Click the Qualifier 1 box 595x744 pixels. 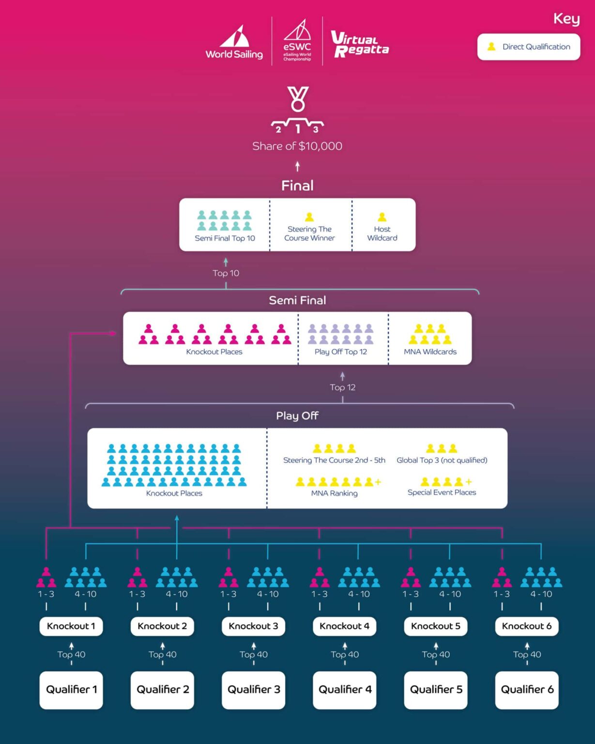(x=71, y=689)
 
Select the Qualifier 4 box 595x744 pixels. (x=345, y=689)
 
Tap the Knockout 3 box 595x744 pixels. (x=253, y=626)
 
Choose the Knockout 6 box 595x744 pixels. (x=527, y=626)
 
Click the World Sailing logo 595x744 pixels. (x=234, y=44)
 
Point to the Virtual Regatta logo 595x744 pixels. (x=359, y=44)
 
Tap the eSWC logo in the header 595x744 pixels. (x=297, y=41)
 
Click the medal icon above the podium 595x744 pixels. (x=297, y=98)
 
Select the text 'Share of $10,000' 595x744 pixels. (x=297, y=146)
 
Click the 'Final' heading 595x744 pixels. (x=297, y=186)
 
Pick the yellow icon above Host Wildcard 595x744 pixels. (x=382, y=217)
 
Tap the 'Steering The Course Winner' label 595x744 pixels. (x=309, y=233)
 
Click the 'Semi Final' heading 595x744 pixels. (x=297, y=300)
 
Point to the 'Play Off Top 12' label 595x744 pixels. (x=341, y=352)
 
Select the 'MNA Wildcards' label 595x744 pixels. (x=430, y=352)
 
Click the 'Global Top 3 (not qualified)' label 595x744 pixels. (x=442, y=460)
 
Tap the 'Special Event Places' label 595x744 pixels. (x=442, y=492)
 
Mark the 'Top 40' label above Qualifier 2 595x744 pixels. (x=163, y=654)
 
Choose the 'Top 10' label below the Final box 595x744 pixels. (x=226, y=273)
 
